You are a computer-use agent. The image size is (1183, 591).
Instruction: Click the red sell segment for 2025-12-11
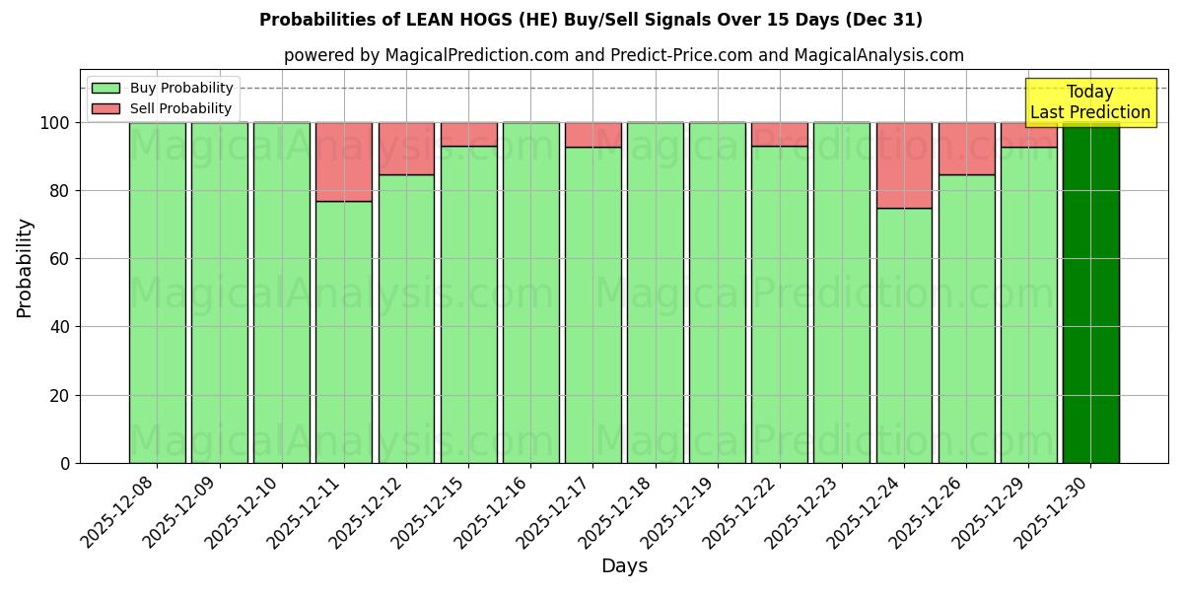tap(344, 162)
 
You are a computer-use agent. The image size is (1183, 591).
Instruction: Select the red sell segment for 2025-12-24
tap(904, 164)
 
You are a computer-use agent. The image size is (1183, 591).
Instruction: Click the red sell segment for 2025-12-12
tap(406, 149)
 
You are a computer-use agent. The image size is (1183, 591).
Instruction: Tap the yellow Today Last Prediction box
tap(1089, 102)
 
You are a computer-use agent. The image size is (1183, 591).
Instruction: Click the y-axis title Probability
tap(25, 268)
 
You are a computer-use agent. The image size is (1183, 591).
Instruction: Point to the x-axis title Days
tap(624, 566)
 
